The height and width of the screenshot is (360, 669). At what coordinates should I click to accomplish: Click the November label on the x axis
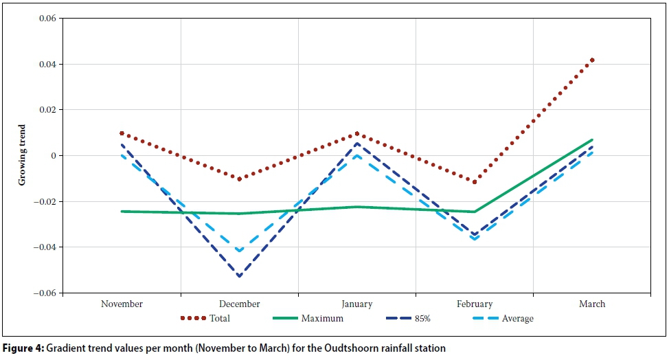122,304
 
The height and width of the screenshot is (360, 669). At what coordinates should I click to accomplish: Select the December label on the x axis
239,304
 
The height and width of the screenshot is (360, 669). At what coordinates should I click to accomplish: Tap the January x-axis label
356,304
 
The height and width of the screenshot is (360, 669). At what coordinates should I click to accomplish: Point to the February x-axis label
474,304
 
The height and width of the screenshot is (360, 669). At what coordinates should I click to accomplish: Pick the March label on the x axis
591,304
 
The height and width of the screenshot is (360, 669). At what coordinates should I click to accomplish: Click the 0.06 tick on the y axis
46,19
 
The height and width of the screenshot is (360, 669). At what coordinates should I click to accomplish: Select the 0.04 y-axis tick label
46,65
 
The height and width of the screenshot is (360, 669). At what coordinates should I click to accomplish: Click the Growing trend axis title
23,155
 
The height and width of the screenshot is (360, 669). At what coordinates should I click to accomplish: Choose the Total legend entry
220,318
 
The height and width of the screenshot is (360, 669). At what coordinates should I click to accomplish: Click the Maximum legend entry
322,318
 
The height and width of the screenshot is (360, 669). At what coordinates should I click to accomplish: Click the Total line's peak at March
591,60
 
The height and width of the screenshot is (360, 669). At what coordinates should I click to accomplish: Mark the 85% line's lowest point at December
239,276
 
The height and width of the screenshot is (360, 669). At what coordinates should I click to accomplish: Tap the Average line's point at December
239,251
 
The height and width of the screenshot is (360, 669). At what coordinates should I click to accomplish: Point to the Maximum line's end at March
591,140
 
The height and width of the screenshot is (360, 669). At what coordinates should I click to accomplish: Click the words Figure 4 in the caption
23,348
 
